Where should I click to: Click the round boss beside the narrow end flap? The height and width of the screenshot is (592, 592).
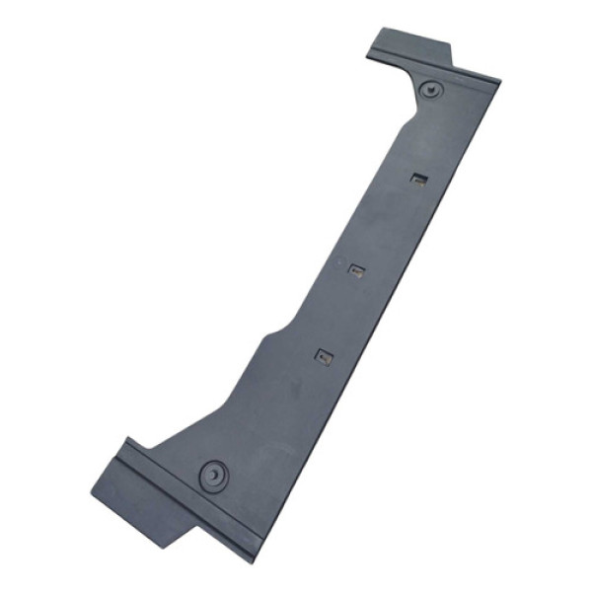(x=431, y=90)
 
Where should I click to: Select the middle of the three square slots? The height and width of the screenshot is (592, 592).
(x=358, y=268)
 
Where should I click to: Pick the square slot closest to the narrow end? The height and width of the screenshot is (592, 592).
(x=419, y=179)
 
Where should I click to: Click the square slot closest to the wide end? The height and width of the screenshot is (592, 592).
(x=324, y=357)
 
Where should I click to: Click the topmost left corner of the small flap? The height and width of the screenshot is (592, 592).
(x=379, y=30)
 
